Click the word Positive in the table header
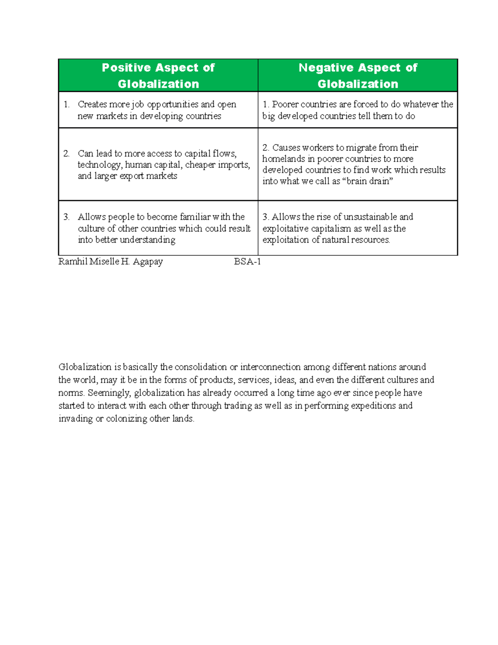pos(126,68)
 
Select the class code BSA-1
pos(247,262)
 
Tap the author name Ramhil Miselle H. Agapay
pos(110,262)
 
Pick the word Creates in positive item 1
pos(93,104)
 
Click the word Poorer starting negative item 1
pos(285,104)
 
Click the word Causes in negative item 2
pos(286,148)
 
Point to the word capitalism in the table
pos(331,228)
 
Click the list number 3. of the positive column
pos(66,217)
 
